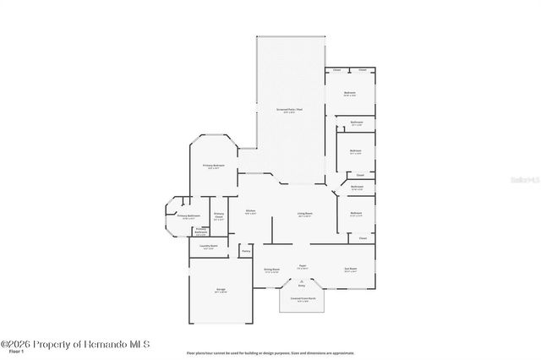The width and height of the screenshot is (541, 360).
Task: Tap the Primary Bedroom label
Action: click(213, 166)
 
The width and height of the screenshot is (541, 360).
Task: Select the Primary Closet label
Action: click(219, 215)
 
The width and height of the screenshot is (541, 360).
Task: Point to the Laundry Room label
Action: click(208, 247)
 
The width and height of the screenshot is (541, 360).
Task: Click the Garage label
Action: click(220, 290)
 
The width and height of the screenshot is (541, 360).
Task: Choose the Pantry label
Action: click(246, 251)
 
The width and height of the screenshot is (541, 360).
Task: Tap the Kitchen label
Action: click(251, 211)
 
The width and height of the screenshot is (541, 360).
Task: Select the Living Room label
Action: click(304, 214)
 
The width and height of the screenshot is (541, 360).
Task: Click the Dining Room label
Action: click(271, 270)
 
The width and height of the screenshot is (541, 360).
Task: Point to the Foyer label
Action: click(302, 266)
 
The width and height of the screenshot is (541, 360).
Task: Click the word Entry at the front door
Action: click(301, 286)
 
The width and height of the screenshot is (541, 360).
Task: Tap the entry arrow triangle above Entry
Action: click(301, 281)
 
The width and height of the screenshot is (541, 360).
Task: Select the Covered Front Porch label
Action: click(301, 299)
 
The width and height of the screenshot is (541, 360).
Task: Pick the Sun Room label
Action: click(350, 270)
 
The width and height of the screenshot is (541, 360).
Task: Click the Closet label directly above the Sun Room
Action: click(362, 239)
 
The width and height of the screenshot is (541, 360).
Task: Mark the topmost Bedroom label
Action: click(349, 93)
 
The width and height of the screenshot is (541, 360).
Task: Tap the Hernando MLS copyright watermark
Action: click(75, 343)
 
